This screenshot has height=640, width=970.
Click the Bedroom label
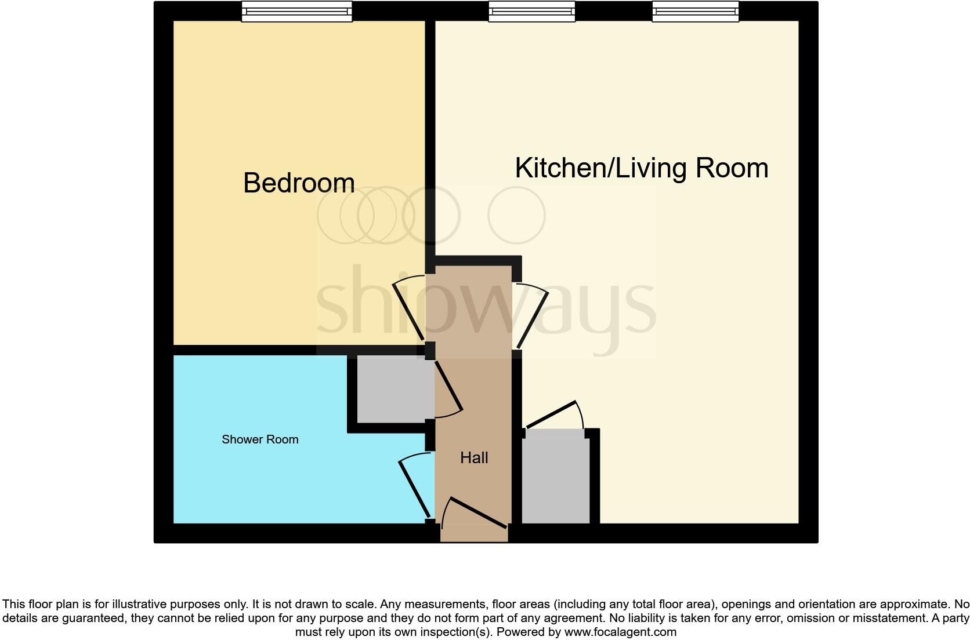pos(299,183)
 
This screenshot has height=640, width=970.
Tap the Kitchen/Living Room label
pos(641,168)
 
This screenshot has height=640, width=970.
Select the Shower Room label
pos(260,439)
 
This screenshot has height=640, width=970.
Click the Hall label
pos(474,458)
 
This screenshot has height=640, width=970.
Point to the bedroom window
pos(296,11)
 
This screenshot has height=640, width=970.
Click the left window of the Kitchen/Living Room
pos(531,11)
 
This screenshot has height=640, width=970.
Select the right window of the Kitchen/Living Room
pos(695,11)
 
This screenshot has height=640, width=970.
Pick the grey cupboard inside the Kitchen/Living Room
pos(556,477)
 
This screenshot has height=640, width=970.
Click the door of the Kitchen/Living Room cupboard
pos(551,415)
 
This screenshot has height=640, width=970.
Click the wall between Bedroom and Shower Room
pos(261,350)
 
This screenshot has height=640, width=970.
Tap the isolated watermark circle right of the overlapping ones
pos(516,215)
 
